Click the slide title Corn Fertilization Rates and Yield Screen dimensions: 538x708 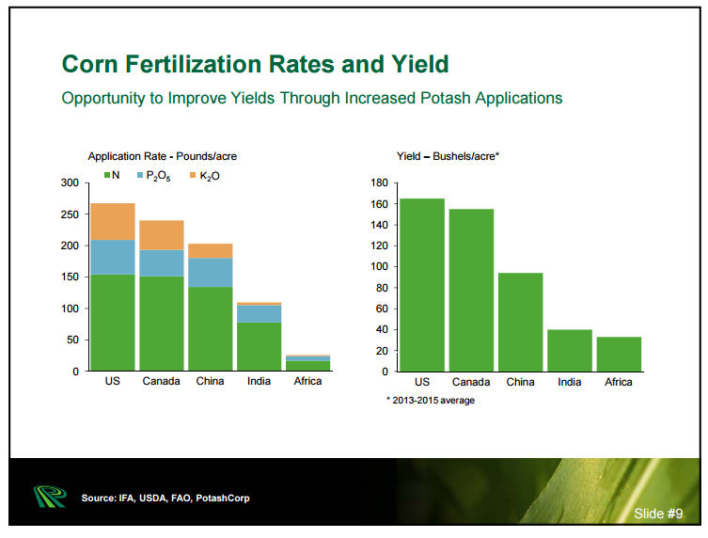255,65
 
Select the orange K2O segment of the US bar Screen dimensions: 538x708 113,221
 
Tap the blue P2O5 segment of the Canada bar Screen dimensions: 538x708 162,262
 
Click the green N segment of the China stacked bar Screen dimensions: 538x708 210,328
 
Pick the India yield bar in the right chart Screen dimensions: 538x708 570,350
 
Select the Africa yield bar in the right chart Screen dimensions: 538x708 619,354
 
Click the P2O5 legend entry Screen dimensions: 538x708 157,176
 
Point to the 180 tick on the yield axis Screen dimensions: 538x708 378,182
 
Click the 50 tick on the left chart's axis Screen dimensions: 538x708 72,340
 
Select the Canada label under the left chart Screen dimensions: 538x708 162,382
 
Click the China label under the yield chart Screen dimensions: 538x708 520,382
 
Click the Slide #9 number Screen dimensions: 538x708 658,514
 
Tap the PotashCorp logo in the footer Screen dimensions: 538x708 46,496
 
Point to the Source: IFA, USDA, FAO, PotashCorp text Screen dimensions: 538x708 165,497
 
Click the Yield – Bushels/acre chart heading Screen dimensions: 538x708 448,155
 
